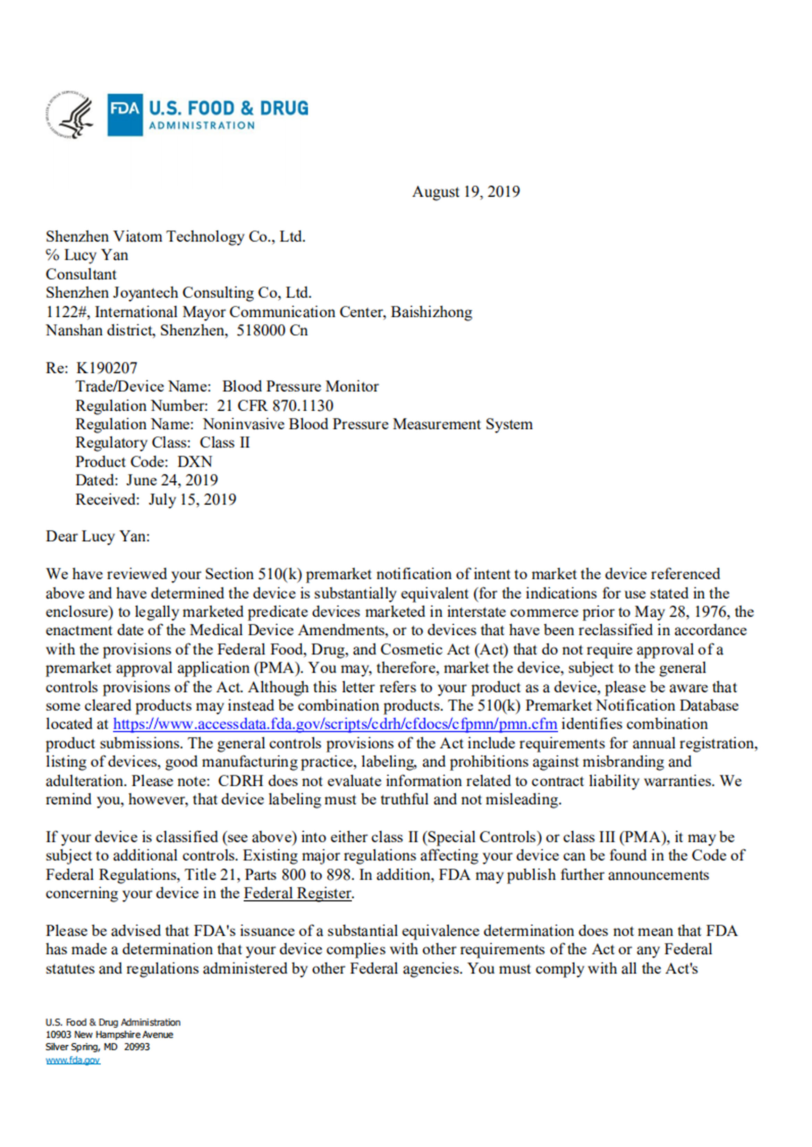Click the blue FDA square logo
[125, 114]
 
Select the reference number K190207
[107, 368]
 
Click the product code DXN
[195, 461]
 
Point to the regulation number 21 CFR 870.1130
[275, 405]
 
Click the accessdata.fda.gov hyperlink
[335, 724]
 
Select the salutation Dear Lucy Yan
[98, 537]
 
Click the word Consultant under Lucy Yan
[81, 274]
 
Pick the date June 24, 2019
[172, 480]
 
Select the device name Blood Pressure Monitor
[301, 386]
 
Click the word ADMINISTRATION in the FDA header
[202, 126]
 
